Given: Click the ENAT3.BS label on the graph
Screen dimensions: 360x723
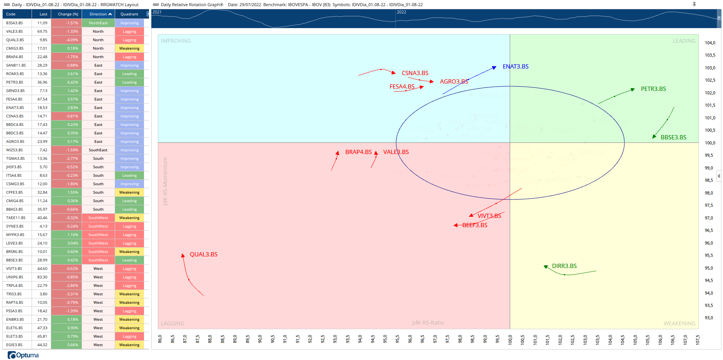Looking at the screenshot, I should (515, 67).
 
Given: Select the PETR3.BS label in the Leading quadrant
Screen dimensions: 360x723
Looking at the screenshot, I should (653, 89).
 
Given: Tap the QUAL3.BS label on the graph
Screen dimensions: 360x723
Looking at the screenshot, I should (203, 255).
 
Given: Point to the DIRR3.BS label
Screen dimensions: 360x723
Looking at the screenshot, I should (564, 266).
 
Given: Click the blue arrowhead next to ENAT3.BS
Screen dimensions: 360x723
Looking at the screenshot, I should (494, 68).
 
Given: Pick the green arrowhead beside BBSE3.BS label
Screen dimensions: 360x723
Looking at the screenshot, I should (654, 136).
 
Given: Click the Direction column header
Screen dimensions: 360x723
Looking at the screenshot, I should (98, 14).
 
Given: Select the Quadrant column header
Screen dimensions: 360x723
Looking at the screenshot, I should (129, 14).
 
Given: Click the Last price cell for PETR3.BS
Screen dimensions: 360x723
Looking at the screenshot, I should (42, 82).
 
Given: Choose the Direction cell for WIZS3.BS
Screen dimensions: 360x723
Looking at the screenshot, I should (98, 150).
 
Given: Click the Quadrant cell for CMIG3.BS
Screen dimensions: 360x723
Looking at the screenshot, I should (129, 49).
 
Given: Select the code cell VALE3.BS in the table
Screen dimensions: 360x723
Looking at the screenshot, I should (15, 32).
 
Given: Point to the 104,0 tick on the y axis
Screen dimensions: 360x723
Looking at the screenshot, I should (710, 43).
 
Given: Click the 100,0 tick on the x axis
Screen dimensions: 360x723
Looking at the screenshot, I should (510, 340).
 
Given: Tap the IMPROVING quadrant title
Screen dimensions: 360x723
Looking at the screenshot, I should (176, 41).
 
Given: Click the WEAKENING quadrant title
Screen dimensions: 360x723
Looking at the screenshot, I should (679, 323).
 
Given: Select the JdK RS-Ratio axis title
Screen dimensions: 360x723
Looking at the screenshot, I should (428, 323).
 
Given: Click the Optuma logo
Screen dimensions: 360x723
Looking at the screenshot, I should (23, 355).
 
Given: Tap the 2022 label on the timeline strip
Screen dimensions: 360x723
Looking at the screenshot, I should (401, 12).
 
